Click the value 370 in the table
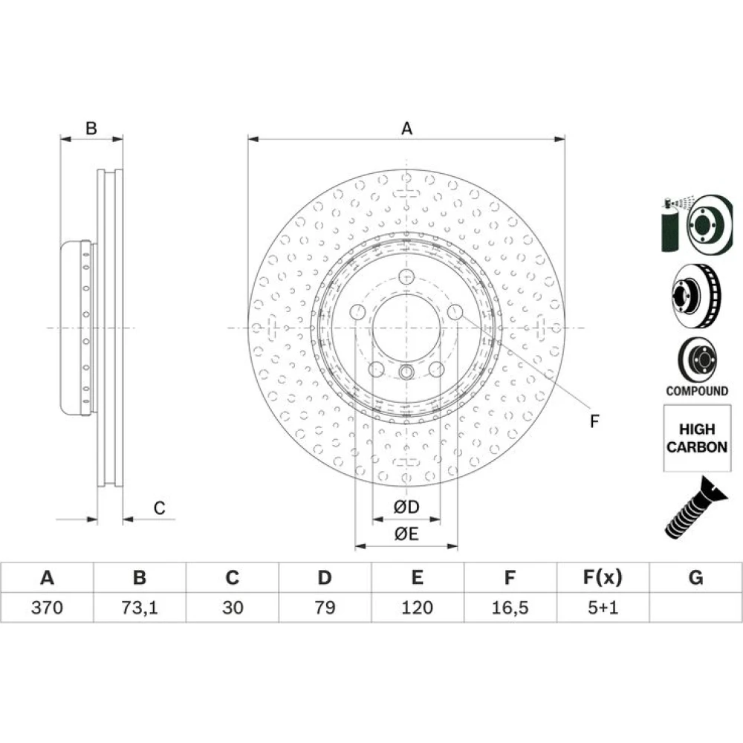pos(47,607)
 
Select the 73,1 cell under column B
pos(140,607)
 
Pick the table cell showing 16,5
pos(510,607)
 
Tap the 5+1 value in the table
pos(603,607)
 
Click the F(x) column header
pos(603,577)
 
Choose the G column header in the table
pos(695,577)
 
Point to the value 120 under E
pos(417,607)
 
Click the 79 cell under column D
pos(325,607)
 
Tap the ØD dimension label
pos(406,507)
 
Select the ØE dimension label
pos(406,534)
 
